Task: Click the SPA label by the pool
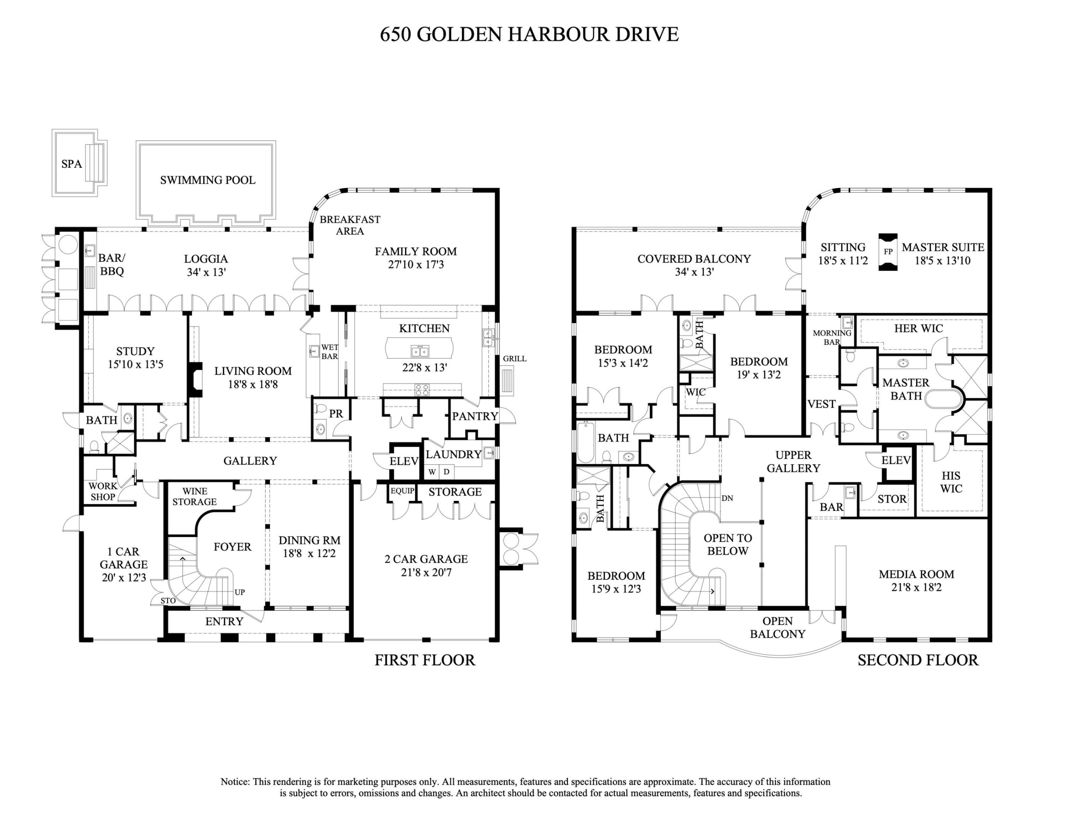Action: click(x=71, y=164)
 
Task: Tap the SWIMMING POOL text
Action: click(x=207, y=180)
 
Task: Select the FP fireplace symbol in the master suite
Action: click(x=888, y=252)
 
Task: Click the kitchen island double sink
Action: click(x=420, y=351)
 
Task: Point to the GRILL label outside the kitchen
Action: click(x=515, y=359)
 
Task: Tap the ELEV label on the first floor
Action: click(x=404, y=461)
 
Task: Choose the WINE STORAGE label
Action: click(x=194, y=496)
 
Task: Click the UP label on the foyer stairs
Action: click(x=240, y=592)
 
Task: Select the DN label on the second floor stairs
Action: click(x=727, y=498)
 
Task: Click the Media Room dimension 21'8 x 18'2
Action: click(x=916, y=587)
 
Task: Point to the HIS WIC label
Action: click(x=951, y=482)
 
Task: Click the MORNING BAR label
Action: click(x=832, y=337)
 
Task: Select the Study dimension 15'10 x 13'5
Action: click(x=135, y=364)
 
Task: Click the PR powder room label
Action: click(x=336, y=414)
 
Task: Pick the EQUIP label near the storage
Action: click(x=402, y=491)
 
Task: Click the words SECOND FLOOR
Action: click(x=918, y=660)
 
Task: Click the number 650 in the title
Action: click(x=396, y=35)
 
